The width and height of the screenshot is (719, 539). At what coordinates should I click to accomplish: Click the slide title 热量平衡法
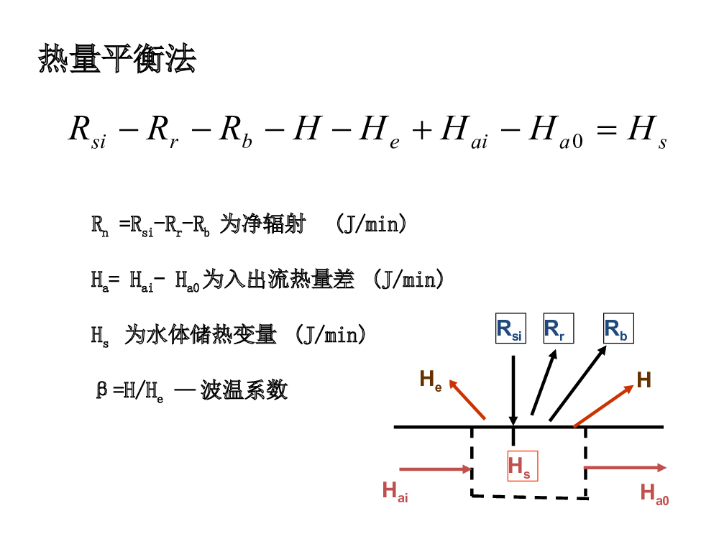tap(116, 59)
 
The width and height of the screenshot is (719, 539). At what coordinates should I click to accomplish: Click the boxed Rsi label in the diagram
tap(510, 328)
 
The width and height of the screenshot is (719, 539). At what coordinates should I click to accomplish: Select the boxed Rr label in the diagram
tap(558, 328)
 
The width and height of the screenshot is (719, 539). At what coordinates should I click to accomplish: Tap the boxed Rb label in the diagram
tap(618, 328)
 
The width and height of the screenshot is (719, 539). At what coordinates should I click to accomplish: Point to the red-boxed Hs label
tap(522, 466)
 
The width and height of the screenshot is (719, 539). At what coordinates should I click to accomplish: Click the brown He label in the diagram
tap(431, 379)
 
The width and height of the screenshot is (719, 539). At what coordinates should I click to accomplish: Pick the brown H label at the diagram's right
tap(644, 380)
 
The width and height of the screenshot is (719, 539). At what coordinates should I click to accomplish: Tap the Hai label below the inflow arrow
tap(395, 492)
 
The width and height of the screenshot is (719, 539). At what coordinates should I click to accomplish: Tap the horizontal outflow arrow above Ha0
tap(625, 468)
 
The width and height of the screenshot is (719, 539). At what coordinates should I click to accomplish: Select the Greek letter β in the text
tap(102, 390)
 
